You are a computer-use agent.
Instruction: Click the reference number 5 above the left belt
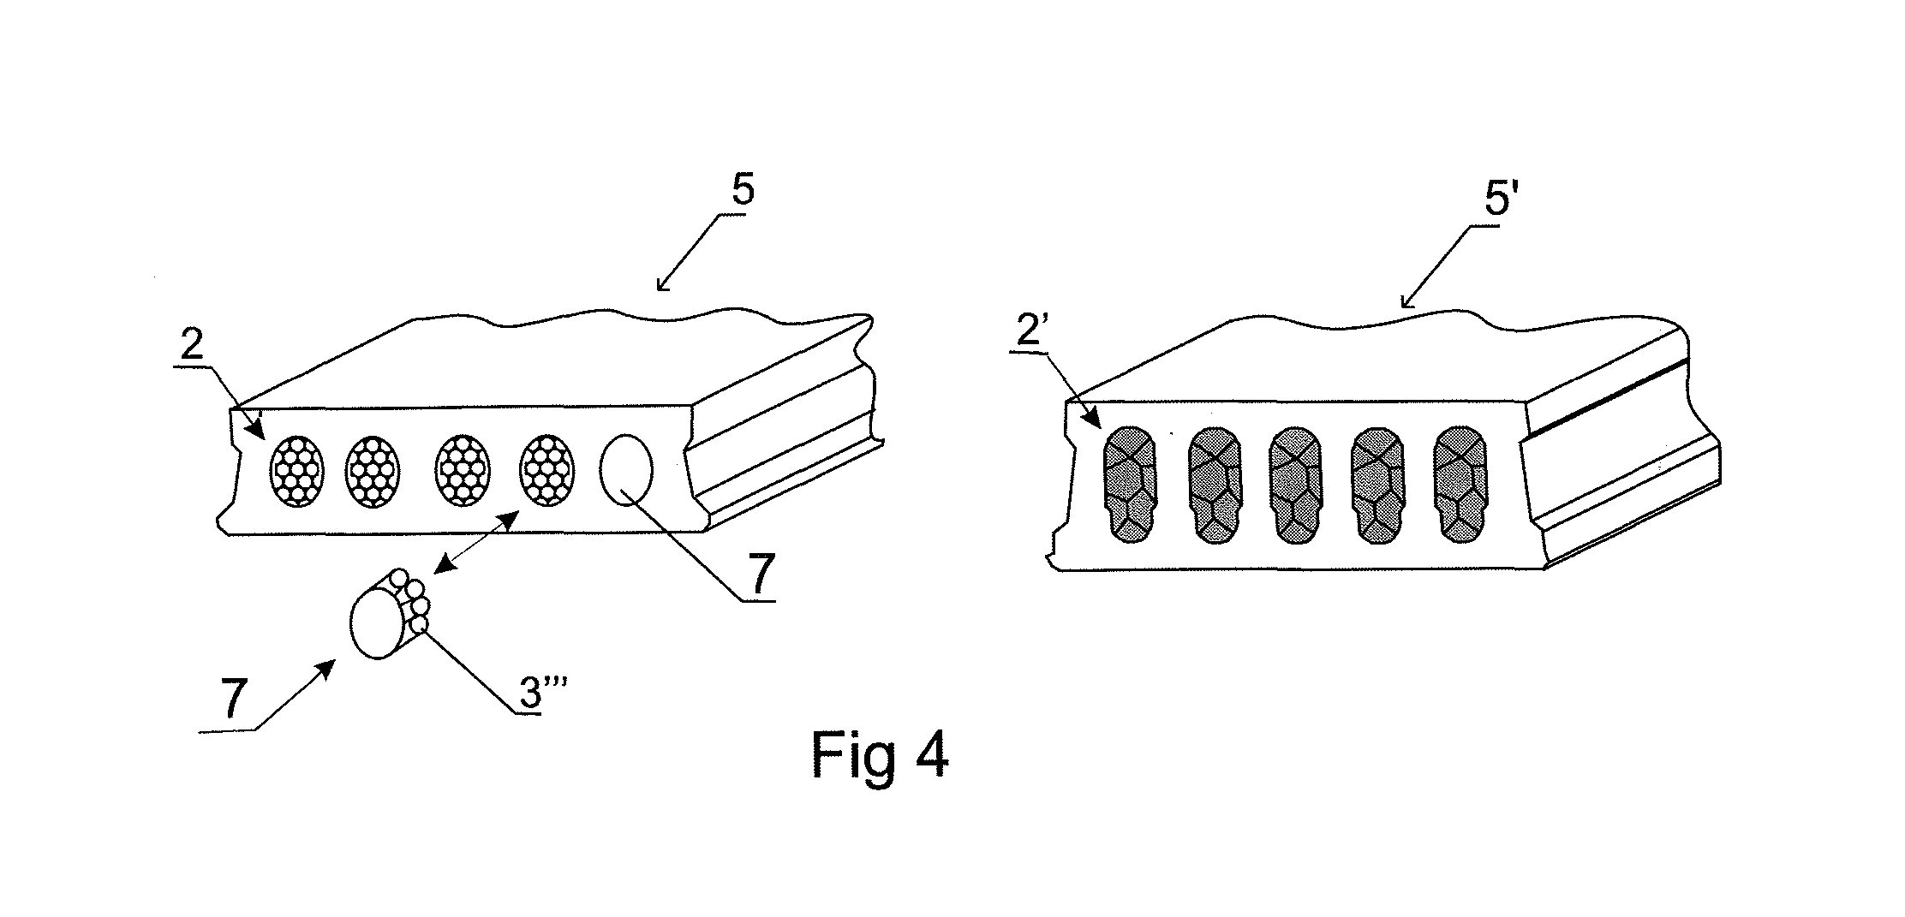(742, 191)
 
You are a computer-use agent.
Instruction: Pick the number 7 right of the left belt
(761, 571)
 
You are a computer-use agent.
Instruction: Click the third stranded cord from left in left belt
(463, 470)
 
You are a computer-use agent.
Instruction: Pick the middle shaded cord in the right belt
(1295, 485)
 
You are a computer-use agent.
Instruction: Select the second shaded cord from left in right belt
(1214, 485)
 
